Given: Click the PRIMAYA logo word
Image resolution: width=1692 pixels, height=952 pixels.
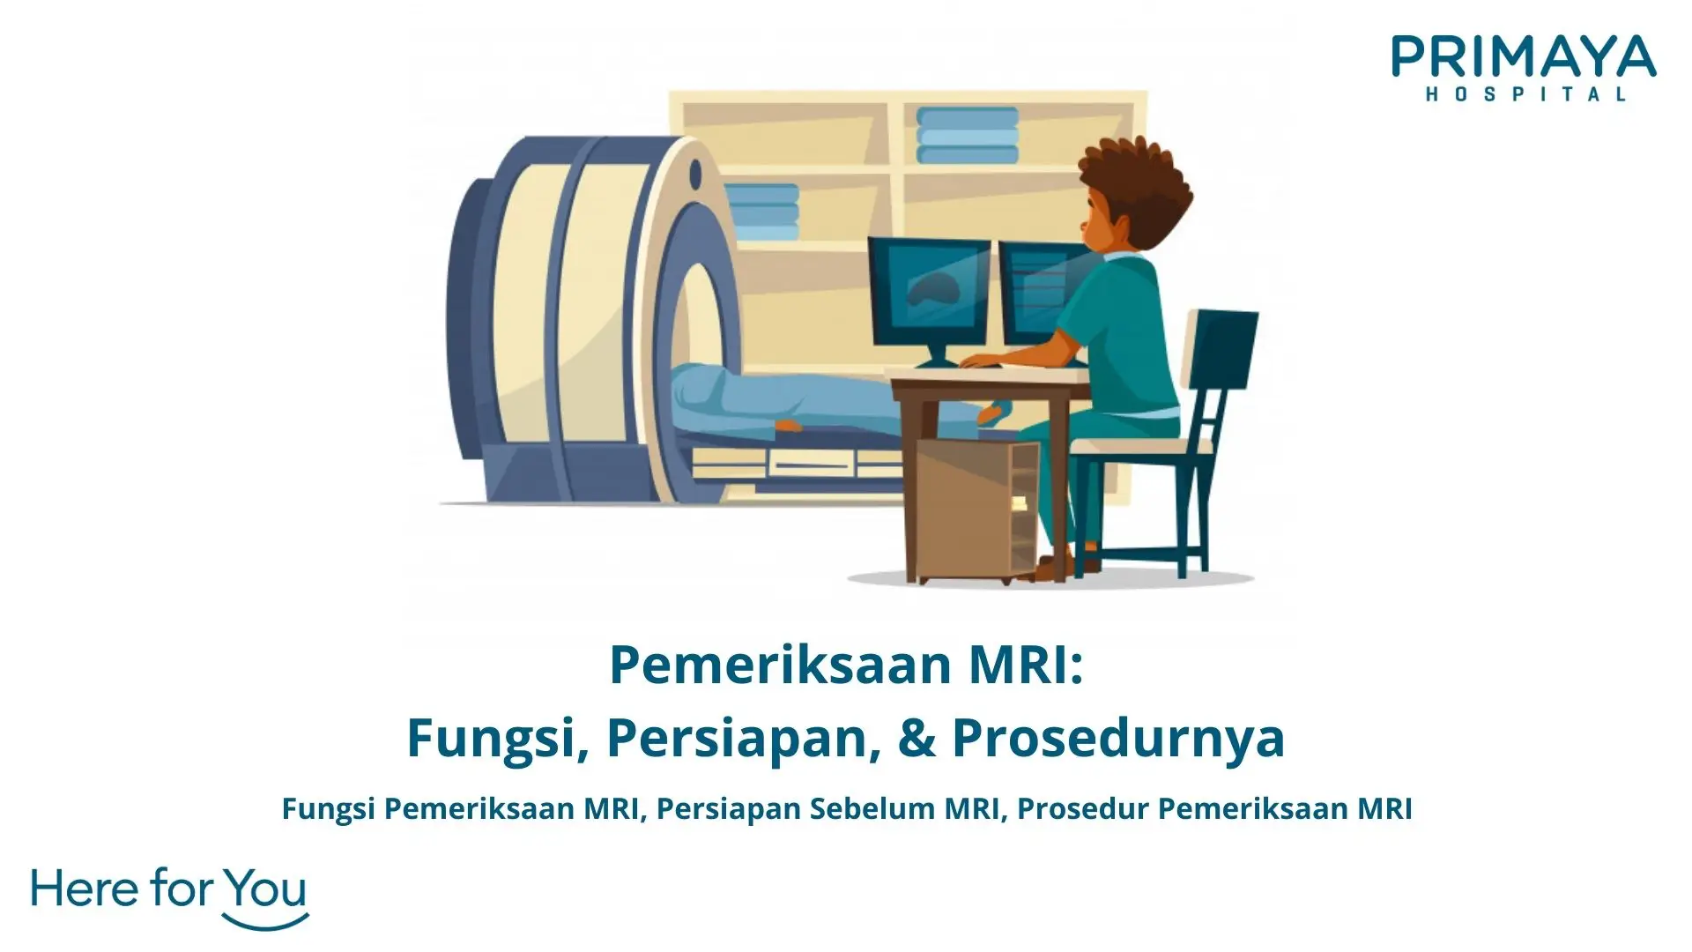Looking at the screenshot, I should [x=1524, y=58].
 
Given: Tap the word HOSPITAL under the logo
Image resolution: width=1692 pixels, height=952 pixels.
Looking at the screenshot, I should [x=1525, y=94].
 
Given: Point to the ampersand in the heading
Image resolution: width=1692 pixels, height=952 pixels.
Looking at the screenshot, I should [x=916, y=739].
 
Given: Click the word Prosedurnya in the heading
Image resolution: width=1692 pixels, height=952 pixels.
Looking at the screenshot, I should [x=1117, y=739].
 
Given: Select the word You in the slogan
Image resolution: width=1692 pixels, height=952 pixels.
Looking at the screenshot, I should [x=264, y=890].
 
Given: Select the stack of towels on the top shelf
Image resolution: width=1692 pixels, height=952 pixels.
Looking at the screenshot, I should [x=967, y=137].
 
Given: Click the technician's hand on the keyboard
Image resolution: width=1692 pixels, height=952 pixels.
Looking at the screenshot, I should [x=974, y=361].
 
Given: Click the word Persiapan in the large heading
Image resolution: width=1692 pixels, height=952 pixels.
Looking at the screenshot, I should [x=745, y=739].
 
